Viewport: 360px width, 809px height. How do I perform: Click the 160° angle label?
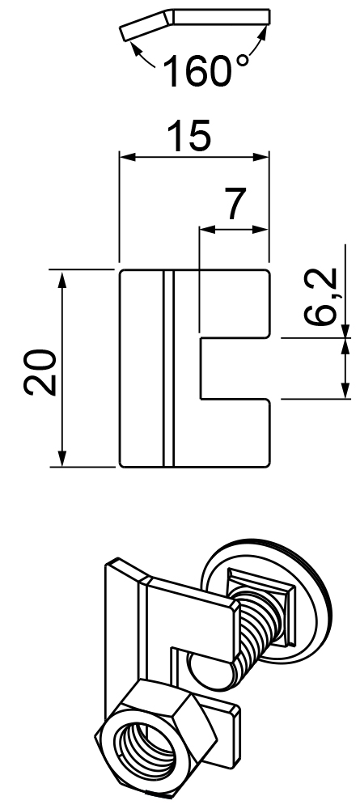click(205, 70)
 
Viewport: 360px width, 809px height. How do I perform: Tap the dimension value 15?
click(190, 136)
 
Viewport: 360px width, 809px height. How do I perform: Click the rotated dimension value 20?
click(40, 372)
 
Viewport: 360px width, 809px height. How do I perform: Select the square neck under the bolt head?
click(261, 589)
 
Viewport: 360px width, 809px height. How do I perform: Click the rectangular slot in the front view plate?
click(235, 368)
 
